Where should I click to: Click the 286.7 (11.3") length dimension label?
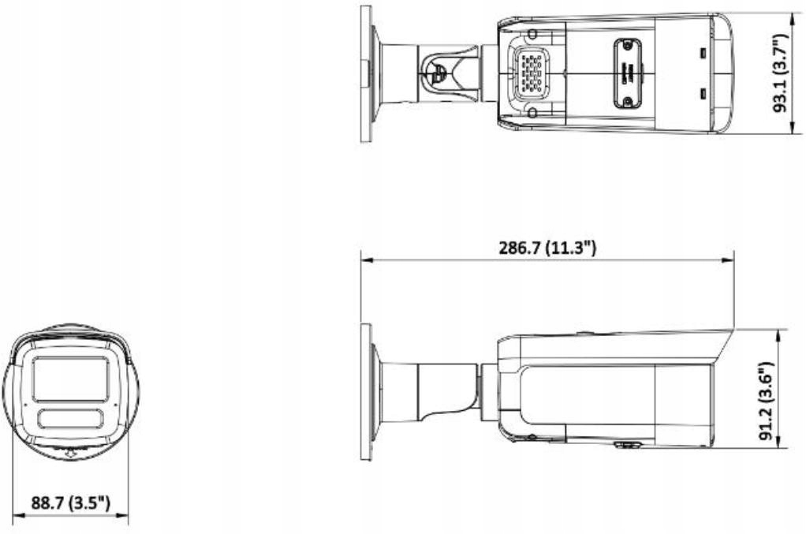click(547, 248)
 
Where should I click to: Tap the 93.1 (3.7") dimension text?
click(780, 73)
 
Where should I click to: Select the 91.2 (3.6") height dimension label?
click(766, 401)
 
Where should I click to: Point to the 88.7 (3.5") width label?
click(71, 502)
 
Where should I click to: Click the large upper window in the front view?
click(71, 379)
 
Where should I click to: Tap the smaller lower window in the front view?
click(71, 418)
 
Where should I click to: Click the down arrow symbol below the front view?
click(70, 454)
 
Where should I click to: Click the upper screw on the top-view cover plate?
click(627, 45)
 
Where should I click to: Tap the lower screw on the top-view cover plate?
click(627, 101)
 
